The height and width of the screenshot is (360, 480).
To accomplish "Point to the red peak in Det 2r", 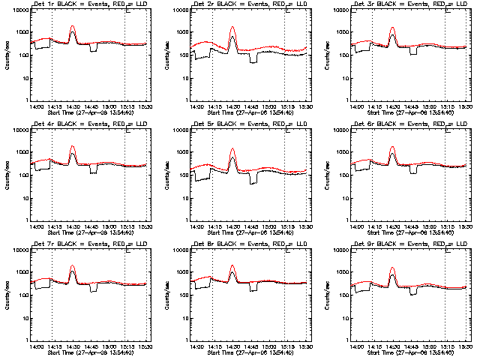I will tap(232, 28).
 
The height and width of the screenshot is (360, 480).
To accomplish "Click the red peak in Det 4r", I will tap(73, 147).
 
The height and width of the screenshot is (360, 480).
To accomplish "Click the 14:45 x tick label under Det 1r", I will tap(91, 106).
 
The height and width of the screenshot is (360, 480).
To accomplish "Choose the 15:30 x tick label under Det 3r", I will tap(466, 106).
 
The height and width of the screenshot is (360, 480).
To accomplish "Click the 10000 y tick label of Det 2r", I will tap(178, 10).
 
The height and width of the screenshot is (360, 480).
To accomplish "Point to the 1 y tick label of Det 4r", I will tap(26, 220).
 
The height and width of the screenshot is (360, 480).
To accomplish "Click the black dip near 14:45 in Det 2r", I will tap(253, 60).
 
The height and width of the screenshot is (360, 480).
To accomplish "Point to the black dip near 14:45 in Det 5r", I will tap(253, 179).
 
